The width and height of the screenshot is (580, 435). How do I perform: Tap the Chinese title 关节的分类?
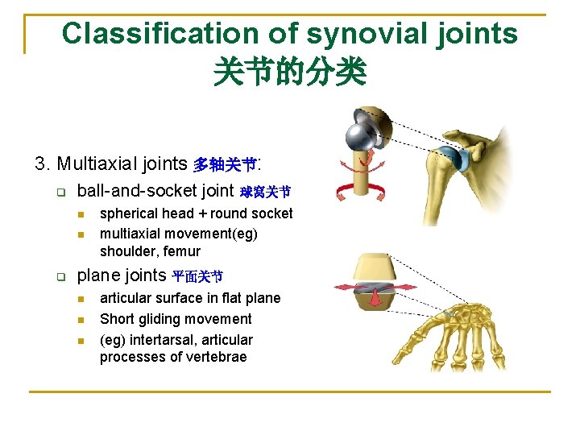coord(289,72)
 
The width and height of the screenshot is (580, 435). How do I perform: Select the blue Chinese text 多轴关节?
coord(224,165)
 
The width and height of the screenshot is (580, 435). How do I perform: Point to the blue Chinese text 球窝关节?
coord(265,192)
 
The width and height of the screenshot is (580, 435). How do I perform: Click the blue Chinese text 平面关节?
coord(197,276)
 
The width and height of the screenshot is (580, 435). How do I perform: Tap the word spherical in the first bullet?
coord(129,213)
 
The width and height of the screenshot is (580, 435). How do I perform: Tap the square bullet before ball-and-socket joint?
coord(60,192)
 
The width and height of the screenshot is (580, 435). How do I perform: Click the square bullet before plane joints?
coord(60,276)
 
